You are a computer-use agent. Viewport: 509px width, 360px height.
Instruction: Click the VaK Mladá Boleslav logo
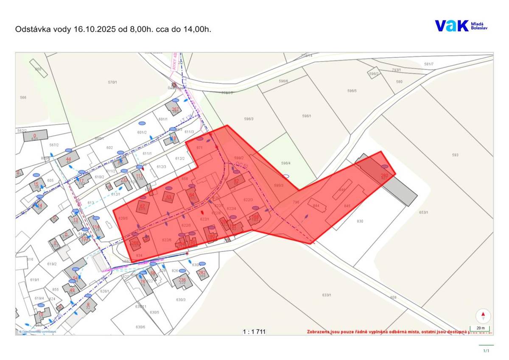(x=461, y=26)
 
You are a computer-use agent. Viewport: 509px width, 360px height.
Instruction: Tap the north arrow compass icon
(x=483, y=316)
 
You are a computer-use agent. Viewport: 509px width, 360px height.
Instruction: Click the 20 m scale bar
(x=480, y=328)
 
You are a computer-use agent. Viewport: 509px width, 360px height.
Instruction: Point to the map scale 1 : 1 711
(x=254, y=332)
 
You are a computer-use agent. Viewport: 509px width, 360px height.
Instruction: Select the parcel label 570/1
(x=112, y=82)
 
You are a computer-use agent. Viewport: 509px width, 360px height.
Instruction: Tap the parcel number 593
(x=455, y=155)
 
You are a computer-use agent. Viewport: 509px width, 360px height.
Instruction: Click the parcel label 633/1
(x=326, y=295)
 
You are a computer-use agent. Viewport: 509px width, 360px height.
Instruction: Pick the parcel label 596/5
(x=352, y=91)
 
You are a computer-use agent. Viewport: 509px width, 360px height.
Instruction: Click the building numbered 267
(x=174, y=108)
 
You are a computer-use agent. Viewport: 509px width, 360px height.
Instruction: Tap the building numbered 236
(x=182, y=281)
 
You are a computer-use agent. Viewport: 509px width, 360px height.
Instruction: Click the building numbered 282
(x=202, y=273)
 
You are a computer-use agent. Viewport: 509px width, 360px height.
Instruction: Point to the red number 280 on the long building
(x=384, y=175)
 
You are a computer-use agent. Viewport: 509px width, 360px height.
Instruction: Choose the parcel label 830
(x=360, y=221)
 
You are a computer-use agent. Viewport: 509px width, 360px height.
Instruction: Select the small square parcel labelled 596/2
(x=374, y=73)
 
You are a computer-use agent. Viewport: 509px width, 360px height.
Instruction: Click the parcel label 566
(x=23, y=98)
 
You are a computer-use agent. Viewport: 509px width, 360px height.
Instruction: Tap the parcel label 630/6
(x=140, y=327)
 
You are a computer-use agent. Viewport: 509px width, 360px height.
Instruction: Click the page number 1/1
(x=486, y=351)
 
